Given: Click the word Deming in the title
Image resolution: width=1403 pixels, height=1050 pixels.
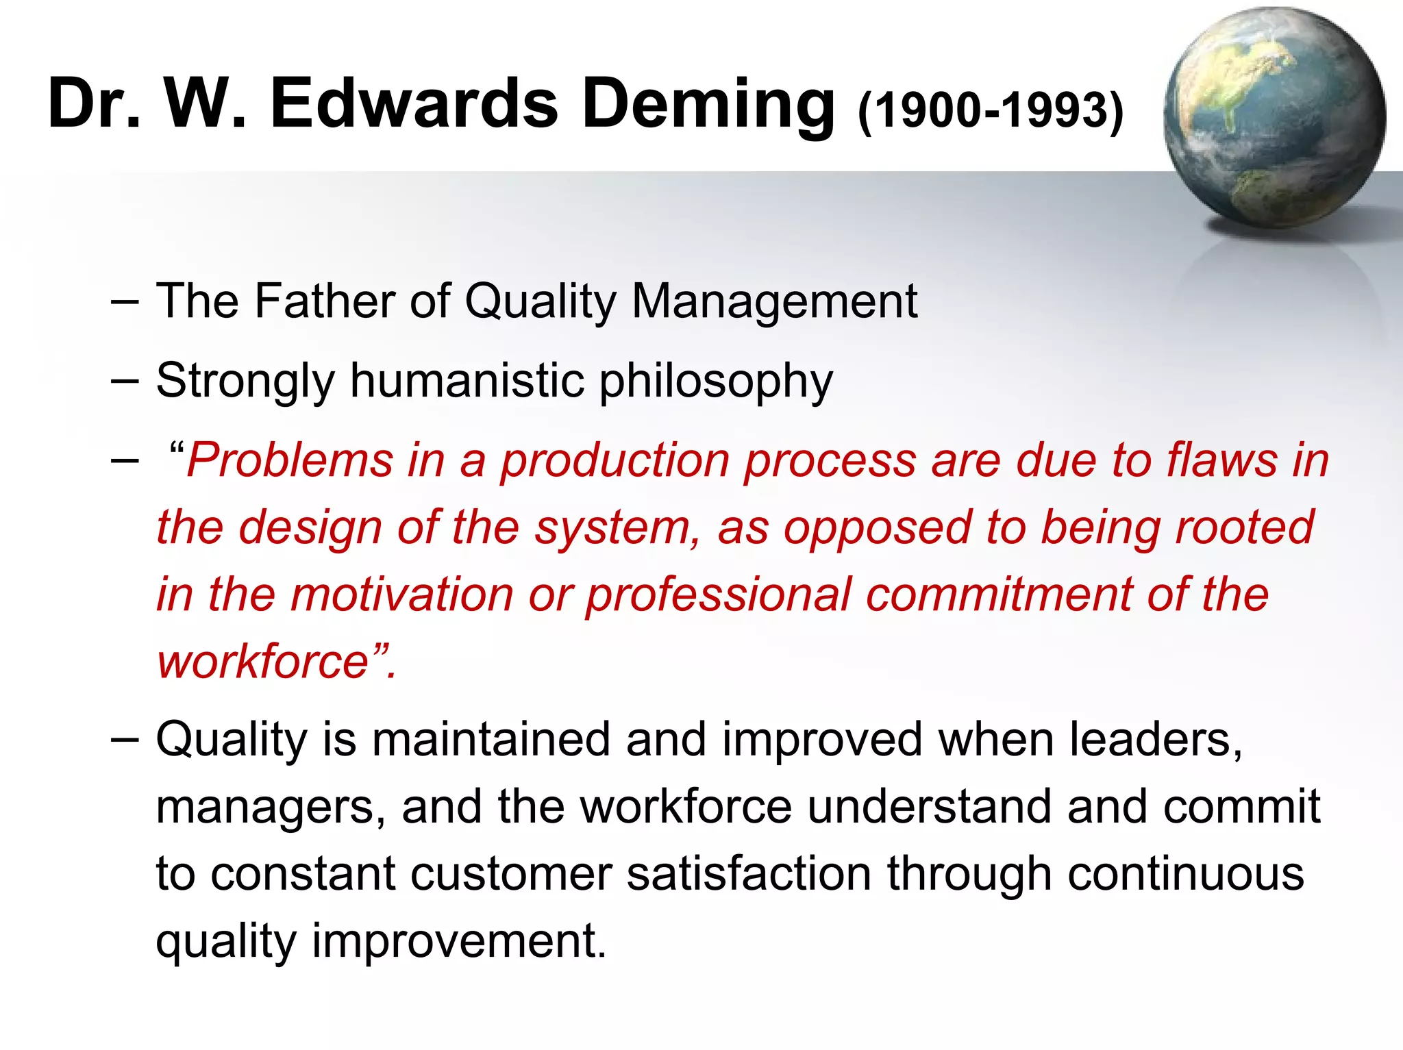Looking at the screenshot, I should coord(708,104).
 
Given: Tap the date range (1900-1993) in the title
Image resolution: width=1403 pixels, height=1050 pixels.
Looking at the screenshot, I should coord(991,110).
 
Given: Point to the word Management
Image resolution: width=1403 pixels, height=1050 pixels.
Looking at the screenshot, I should coord(774,302).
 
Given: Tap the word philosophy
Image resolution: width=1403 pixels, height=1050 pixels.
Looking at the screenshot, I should coord(717,382).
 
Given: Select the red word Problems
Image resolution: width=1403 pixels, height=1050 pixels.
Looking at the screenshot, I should coord(290,460).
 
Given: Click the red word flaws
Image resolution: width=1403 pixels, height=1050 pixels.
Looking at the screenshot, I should coord(1222,460).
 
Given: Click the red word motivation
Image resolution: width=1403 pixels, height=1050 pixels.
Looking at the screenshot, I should coord(402,594).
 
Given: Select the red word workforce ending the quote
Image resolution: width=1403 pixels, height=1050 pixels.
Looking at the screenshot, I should coord(264,662).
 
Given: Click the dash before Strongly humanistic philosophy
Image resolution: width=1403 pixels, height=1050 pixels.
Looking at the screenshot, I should coord(125,381).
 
